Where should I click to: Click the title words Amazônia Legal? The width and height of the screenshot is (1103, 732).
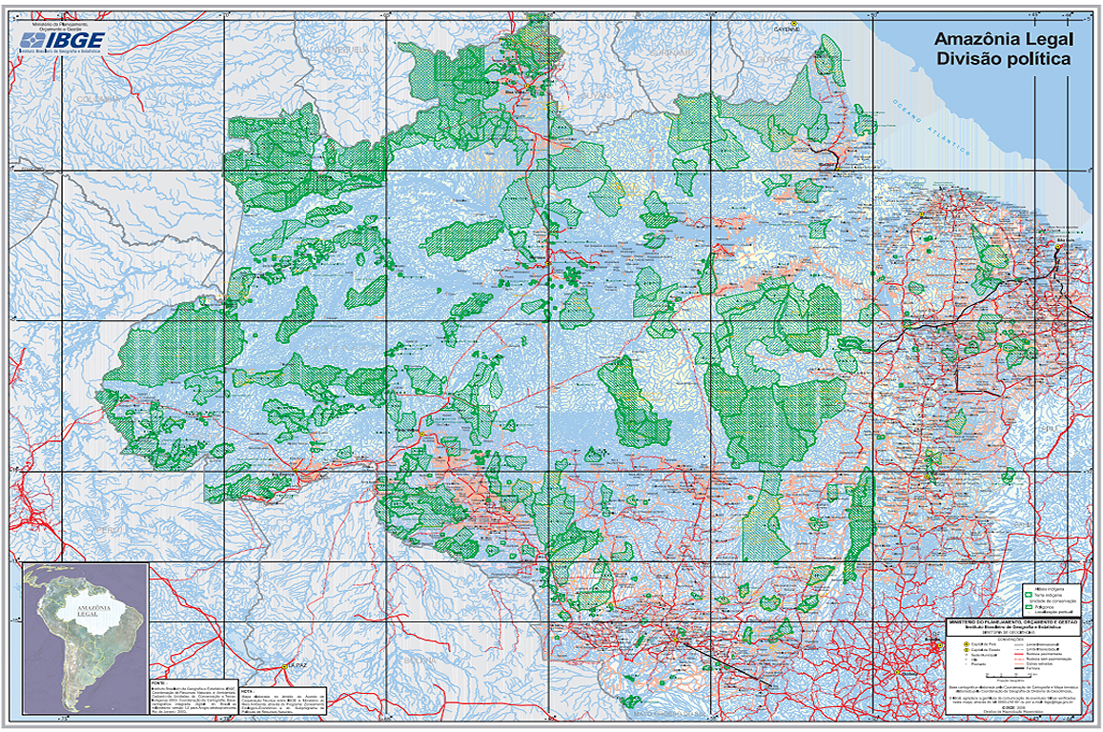point(1003,39)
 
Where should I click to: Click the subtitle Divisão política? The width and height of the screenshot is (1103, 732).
point(1003,59)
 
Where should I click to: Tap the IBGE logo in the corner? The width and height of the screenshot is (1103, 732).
point(63,39)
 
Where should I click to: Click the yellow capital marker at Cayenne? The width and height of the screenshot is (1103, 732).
point(790,21)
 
